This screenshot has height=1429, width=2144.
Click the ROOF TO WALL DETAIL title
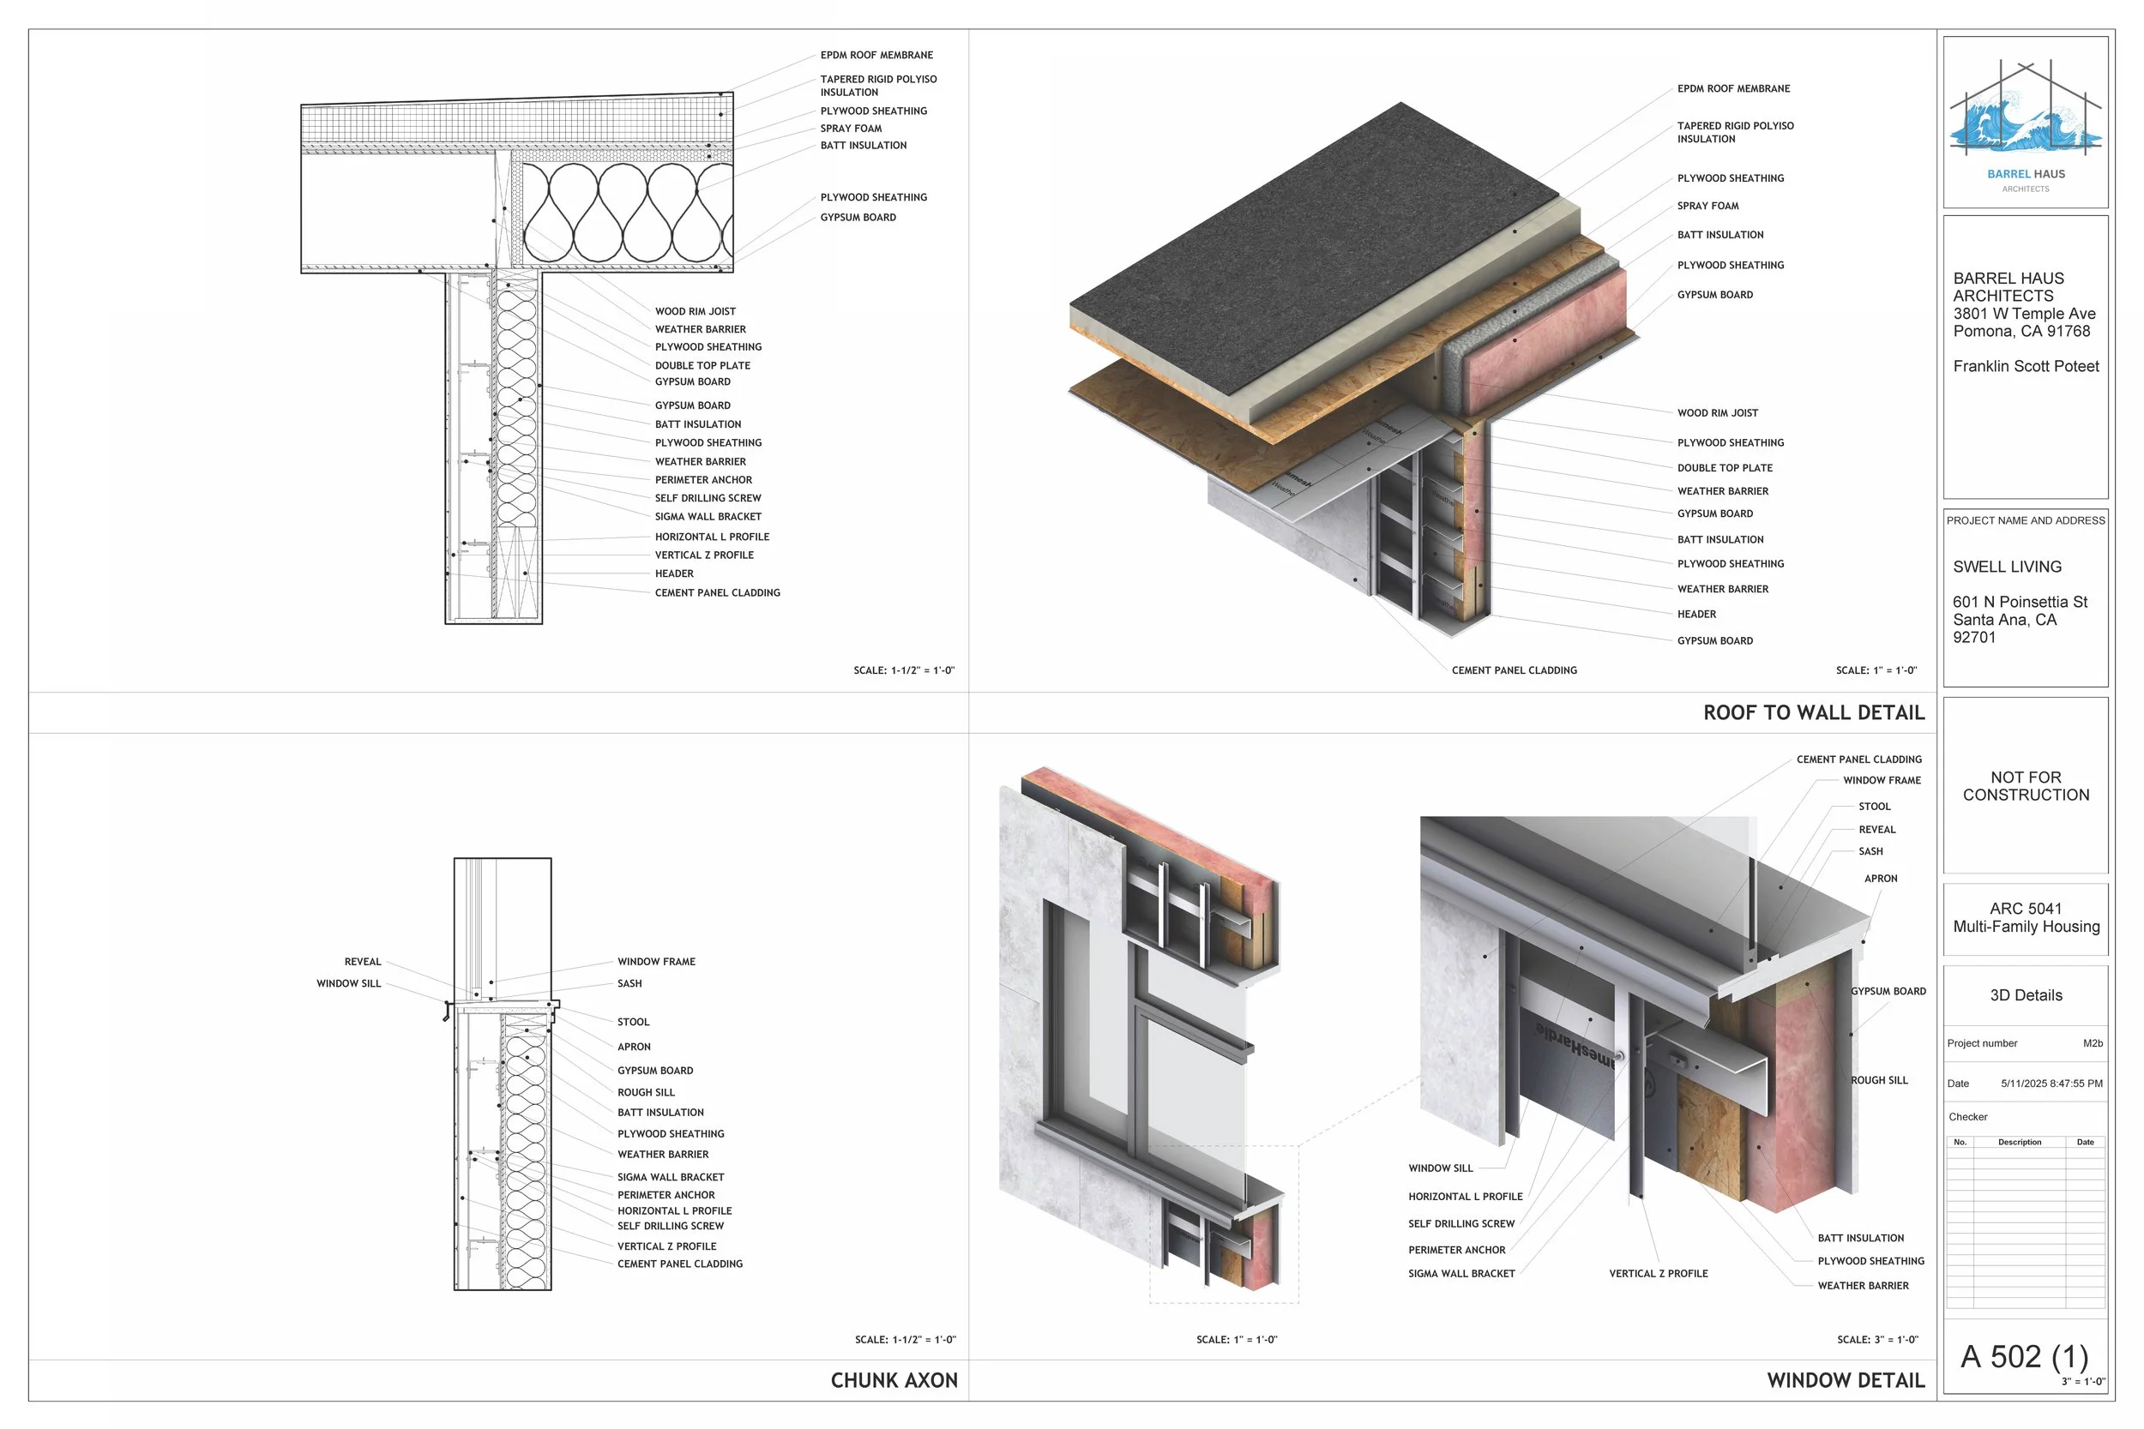[x=1813, y=712]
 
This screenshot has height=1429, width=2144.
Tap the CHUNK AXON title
[x=894, y=1381]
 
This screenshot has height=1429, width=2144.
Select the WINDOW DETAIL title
[x=1845, y=1381]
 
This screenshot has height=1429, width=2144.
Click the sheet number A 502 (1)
[x=2024, y=1356]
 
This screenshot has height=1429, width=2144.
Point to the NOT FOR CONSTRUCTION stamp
[x=2026, y=785]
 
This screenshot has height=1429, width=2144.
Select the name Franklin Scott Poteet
[x=2026, y=366]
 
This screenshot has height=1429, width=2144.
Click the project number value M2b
[x=2092, y=1043]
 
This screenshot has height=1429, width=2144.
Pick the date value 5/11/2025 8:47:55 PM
[x=2051, y=1084]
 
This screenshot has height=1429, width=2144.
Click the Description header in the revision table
[x=2019, y=1142]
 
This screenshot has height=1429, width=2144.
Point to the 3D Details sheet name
[x=2026, y=995]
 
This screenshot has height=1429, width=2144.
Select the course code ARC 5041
[x=2026, y=909]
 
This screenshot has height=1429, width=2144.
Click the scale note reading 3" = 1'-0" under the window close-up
[x=1877, y=1340]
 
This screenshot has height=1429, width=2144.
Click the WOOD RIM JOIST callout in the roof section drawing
[x=695, y=312]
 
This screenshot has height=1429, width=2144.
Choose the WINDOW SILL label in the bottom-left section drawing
[x=348, y=983]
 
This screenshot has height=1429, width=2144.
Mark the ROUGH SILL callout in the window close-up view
[x=1879, y=1080]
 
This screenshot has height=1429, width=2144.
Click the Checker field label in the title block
[x=1968, y=1116]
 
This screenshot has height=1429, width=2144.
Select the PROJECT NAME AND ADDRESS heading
[x=2026, y=520]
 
